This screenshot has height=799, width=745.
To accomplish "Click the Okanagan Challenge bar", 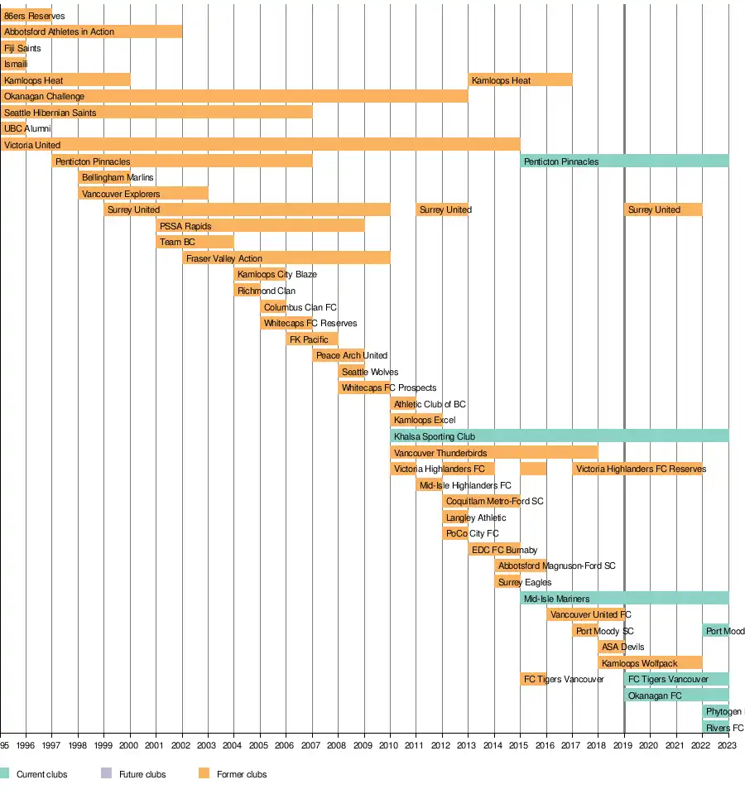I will pos(233,97).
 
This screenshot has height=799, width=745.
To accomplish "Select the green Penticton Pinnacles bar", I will pos(624,161).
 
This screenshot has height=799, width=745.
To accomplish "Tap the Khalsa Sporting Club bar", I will pos(559,436).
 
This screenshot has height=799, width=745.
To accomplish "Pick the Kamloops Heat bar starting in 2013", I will pos(520,80).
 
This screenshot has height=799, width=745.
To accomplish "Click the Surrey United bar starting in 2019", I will pos(663,209).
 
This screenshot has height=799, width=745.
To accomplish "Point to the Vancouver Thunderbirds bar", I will pos(493,453).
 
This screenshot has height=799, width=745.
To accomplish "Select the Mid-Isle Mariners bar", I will pos(624,599).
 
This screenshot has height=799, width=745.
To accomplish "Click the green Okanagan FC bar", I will pos(676,696).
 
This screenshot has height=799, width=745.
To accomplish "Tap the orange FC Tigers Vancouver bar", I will pos(533,679).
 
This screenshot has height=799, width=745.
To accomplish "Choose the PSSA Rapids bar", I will pos(260,226).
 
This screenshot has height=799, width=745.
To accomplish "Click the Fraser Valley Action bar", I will pos(286,258).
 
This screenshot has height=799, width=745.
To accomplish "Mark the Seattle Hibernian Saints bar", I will pos(156,113).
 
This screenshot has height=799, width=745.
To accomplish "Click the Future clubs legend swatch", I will pos(106,774).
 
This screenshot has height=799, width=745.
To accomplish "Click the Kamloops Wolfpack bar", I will pos(650,663).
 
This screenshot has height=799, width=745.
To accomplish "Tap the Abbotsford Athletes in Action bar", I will pos(91,31).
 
